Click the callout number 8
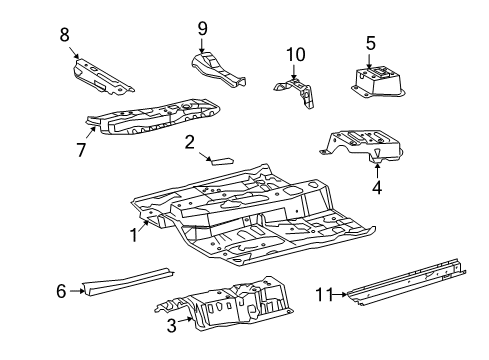(x=65, y=34)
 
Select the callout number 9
(x=202, y=28)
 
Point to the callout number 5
(x=370, y=43)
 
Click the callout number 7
(x=82, y=149)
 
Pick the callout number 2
(x=189, y=143)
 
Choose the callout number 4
(x=377, y=185)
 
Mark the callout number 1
(x=131, y=235)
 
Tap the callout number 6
(x=61, y=291)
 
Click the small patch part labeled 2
(x=219, y=158)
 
